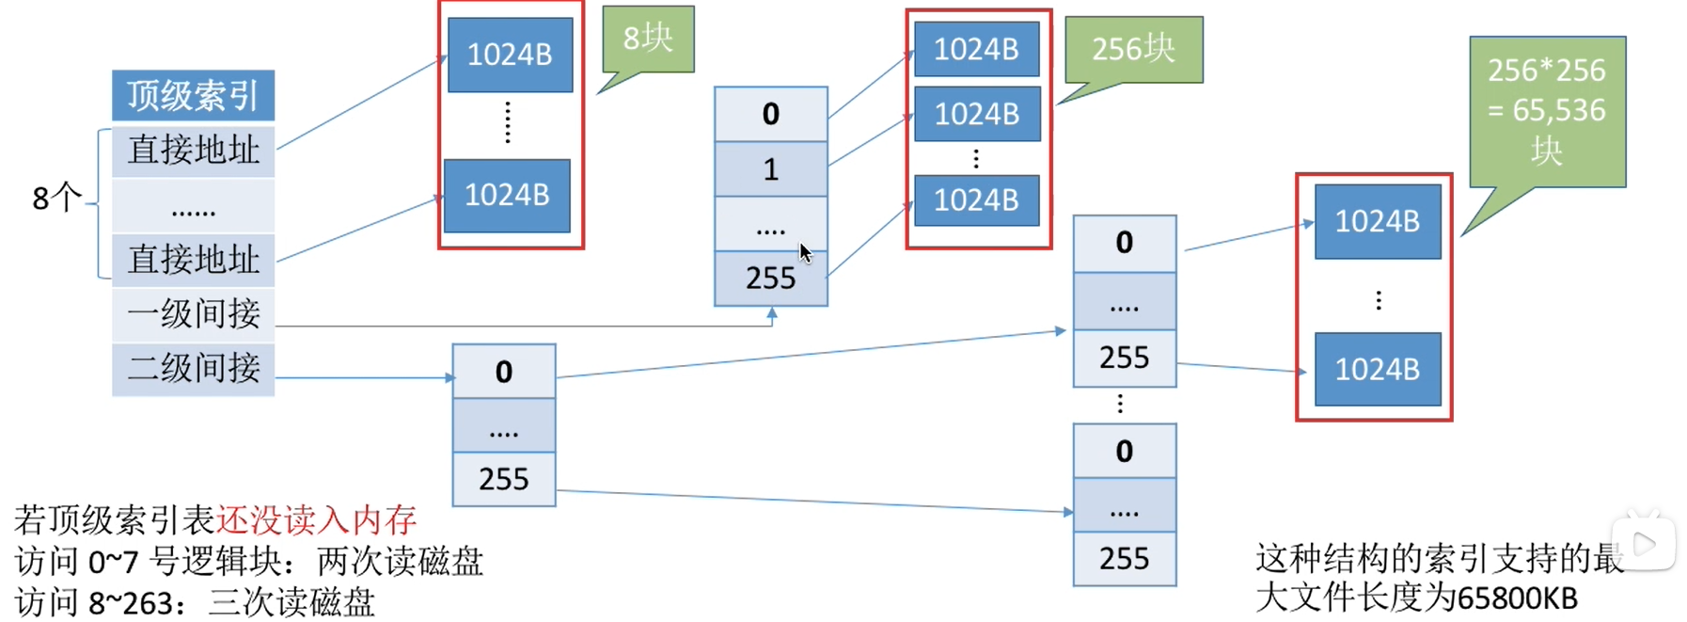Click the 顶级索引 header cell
pos(193,95)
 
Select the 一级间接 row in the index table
pos(193,313)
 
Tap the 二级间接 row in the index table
pos(193,368)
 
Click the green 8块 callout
pos(648,39)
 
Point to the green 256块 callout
pos(1133,49)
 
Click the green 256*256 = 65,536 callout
pos(1547,110)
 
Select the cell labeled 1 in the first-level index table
pos(770,169)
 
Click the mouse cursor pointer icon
pos(805,253)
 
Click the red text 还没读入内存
pos(316,519)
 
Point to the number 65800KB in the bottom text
pos(1516,598)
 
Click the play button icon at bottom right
pos(1644,543)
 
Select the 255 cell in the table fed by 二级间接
pos(503,480)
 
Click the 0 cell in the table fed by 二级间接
pos(503,373)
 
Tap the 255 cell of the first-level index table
pos(770,279)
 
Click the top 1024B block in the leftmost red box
pos(510,55)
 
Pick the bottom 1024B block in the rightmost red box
pos(1377,370)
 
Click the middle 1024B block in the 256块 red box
pos(977,114)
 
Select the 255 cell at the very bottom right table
pos(1124,559)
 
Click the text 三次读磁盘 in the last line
pos(292,602)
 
